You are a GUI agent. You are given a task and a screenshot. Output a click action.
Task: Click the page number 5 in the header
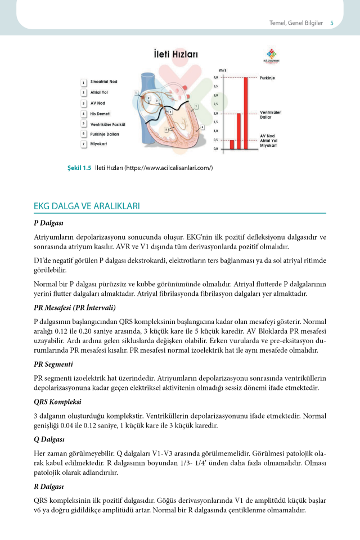click(332, 23)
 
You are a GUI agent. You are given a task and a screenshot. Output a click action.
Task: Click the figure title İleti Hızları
click(172, 55)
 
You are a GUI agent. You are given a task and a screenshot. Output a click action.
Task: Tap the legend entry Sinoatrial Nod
click(104, 82)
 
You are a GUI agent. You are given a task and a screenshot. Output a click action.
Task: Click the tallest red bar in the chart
click(246, 112)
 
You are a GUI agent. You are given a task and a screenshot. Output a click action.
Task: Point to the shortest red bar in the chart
click(232, 145)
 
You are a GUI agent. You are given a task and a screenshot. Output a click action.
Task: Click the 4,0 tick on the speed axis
click(215, 78)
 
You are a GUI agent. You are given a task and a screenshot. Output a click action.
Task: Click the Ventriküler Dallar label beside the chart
click(271, 115)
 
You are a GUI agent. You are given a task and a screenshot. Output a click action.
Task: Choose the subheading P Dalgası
click(48, 223)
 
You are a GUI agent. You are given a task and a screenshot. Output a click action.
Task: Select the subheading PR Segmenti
click(53, 364)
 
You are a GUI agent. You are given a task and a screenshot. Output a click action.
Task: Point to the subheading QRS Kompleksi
click(58, 402)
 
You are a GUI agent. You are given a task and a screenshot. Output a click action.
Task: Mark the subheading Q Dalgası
click(49, 440)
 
